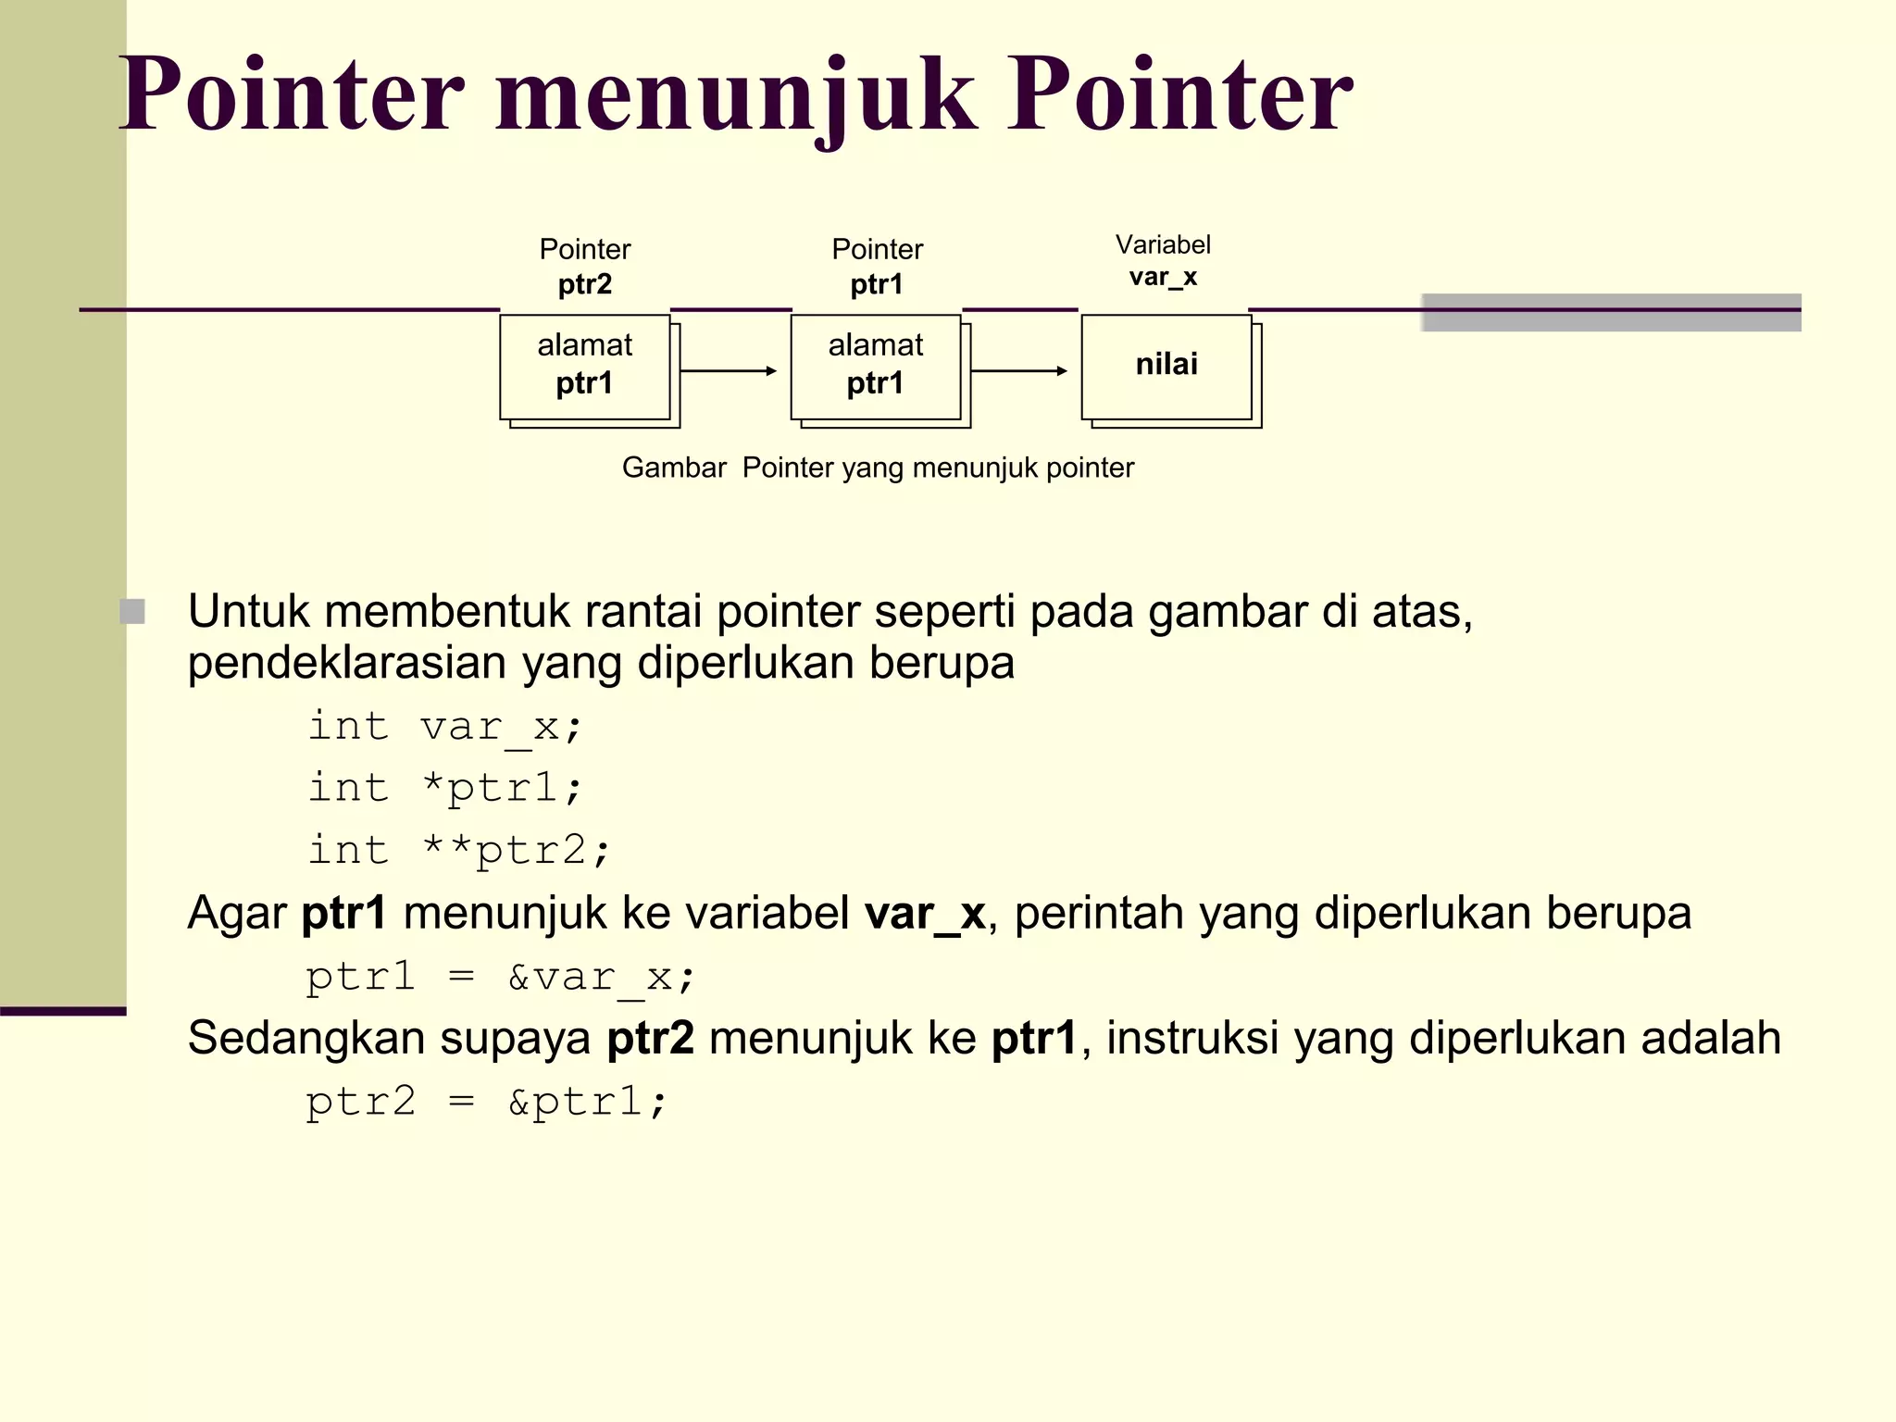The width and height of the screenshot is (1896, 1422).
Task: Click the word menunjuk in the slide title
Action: click(x=736, y=94)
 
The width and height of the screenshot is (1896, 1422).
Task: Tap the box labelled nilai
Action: click(x=1166, y=367)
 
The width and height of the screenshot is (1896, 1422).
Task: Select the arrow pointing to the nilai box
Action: click(x=1019, y=371)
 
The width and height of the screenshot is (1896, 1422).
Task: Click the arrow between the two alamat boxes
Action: click(x=729, y=371)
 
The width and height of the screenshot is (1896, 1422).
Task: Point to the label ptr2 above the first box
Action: click(x=584, y=284)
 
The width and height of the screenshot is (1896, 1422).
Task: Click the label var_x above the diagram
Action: click(x=1163, y=277)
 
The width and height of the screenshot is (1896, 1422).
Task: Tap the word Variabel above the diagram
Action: click(x=1163, y=244)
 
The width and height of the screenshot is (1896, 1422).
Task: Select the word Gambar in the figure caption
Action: click(x=674, y=468)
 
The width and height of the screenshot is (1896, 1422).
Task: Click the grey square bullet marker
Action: click(x=133, y=611)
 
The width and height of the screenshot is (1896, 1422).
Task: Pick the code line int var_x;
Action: click(x=444, y=726)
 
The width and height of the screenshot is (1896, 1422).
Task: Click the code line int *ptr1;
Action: click(x=444, y=788)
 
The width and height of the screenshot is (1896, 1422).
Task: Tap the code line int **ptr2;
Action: click(x=459, y=850)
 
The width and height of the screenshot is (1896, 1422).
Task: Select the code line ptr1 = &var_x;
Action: click(x=500, y=977)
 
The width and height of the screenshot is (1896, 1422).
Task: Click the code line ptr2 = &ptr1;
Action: click(x=486, y=1102)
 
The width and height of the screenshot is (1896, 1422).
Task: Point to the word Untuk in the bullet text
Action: click(x=248, y=611)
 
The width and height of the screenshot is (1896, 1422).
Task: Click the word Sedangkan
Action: click(x=306, y=1038)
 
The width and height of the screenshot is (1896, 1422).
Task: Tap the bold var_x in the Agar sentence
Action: click(x=925, y=914)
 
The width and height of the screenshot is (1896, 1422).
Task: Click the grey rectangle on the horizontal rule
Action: click(x=1611, y=312)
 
